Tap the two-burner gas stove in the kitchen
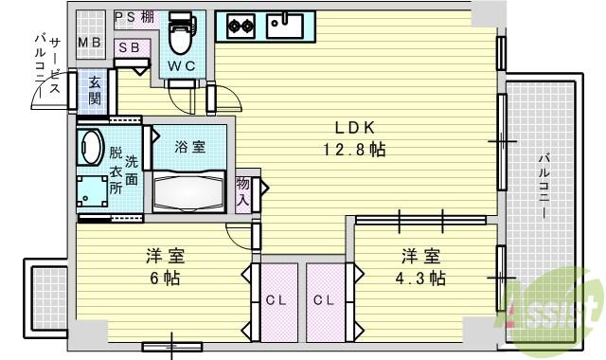(241, 26)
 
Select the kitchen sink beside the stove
(285, 26)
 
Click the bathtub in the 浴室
(188, 192)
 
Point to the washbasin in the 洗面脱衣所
(91, 147)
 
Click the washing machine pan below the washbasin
(92, 191)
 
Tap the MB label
(90, 42)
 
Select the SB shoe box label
(129, 47)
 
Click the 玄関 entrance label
(95, 91)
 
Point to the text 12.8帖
(354, 150)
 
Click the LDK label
(354, 128)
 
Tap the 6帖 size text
(165, 278)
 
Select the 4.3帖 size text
(420, 278)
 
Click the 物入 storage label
(243, 191)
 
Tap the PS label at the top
(125, 17)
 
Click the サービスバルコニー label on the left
(48, 65)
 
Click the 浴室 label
(189, 147)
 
